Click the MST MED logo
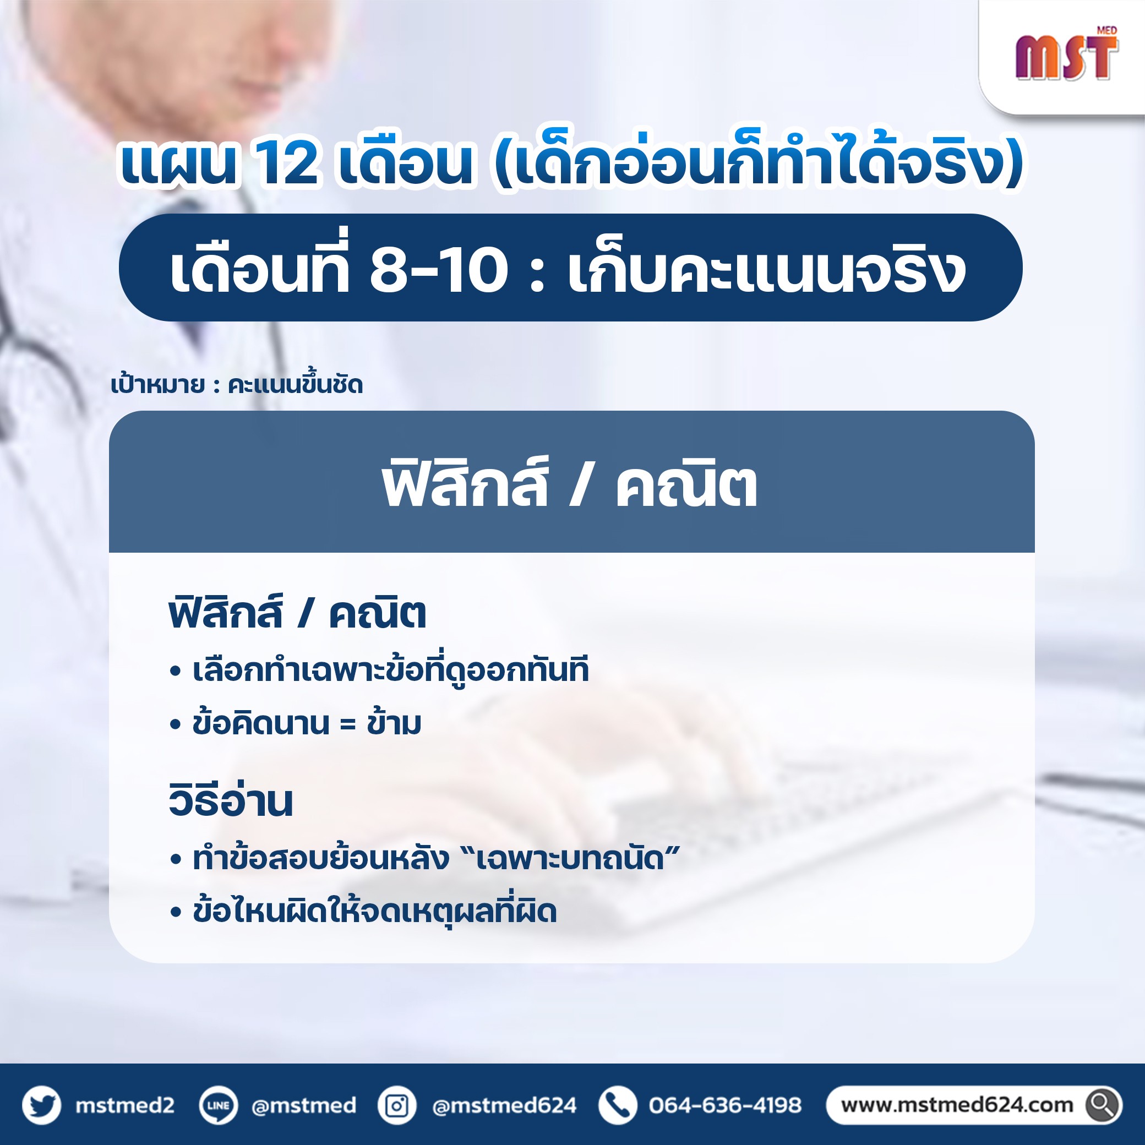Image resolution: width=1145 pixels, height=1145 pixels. pyautogui.click(x=1067, y=54)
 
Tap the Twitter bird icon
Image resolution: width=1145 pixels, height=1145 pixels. pyautogui.click(x=41, y=1105)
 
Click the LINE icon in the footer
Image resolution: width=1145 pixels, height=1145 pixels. pyautogui.click(x=218, y=1105)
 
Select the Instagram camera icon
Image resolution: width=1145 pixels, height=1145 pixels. pyautogui.click(x=397, y=1105)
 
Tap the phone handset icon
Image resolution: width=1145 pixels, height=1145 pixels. pyautogui.click(x=618, y=1105)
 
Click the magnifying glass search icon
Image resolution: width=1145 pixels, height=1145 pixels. pyautogui.click(x=1103, y=1105)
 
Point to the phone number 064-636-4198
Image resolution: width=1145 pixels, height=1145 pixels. pyautogui.click(x=725, y=1105)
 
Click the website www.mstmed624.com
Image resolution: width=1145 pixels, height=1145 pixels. pyautogui.click(x=957, y=1105)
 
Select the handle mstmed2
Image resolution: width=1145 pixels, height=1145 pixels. pyautogui.click(x=124, y=1105)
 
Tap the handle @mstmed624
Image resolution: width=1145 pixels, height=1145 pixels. pyautogui.click(x=504, y=1105)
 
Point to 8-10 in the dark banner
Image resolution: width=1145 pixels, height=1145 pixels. pyautogui.click(x=439, y=270)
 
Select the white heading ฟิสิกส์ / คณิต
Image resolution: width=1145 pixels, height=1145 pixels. pyautogui.click(x=570, y=485)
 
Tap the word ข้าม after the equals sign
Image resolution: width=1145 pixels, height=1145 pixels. pyautogui.click(x=394, y=722)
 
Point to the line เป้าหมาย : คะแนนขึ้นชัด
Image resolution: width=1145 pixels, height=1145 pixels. pyautogui.click(x=237, y=385)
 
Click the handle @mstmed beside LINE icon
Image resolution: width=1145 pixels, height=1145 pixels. pyautogui.click(x=304, y=1106)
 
